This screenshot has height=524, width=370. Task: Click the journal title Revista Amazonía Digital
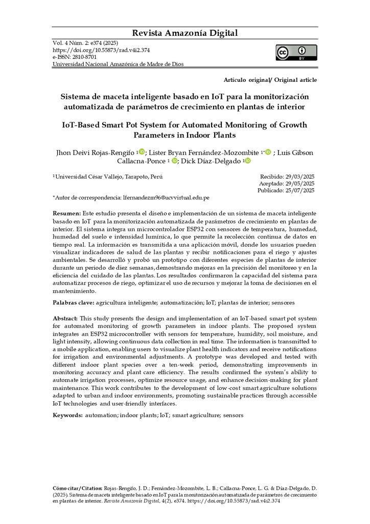point(185,33)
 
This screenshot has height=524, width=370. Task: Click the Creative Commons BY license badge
point(296,53)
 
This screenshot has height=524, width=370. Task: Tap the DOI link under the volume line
point(101,51)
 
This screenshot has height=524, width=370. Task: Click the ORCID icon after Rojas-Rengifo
point(142,151)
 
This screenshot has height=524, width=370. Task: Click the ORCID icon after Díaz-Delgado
point(248,161)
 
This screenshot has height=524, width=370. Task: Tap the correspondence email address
point(166,197)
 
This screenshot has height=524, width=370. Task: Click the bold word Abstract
point(65,318)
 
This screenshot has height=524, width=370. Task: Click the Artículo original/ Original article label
point(270,80)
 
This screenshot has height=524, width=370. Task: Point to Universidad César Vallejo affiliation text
point(108,177)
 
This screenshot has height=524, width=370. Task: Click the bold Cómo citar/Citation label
point(78,488)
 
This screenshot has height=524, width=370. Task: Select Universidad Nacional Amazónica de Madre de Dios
point(118,64)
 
